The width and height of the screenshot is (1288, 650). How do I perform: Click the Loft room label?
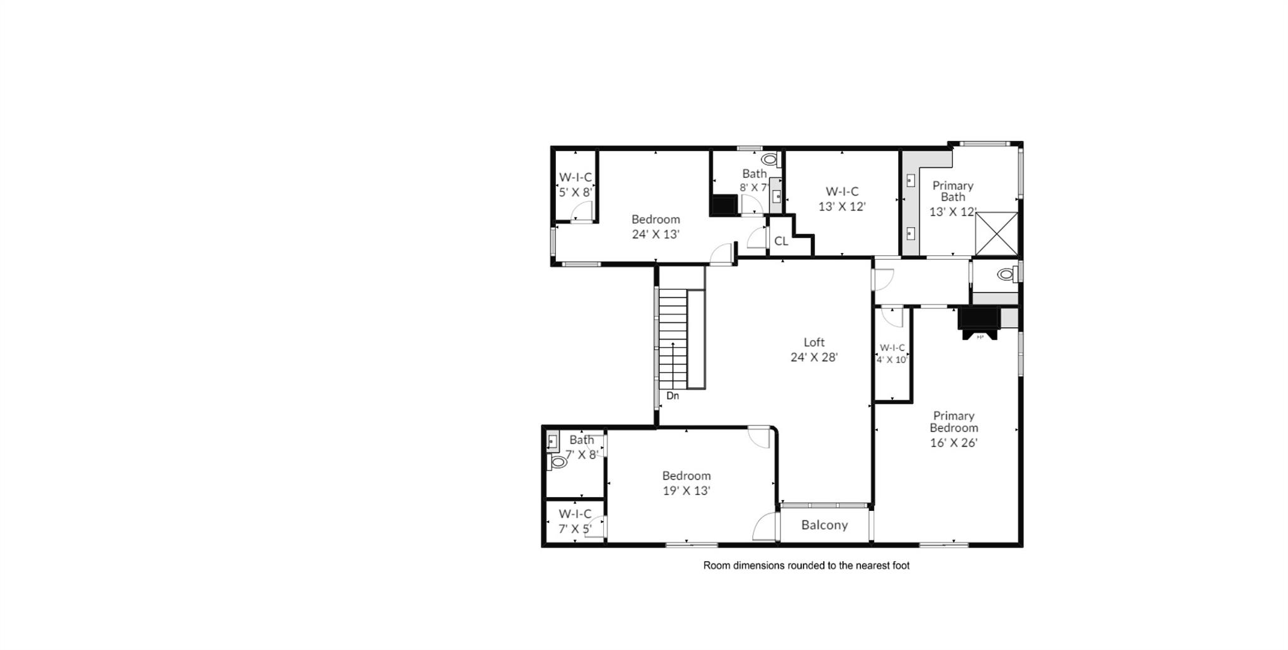tap(814, 342)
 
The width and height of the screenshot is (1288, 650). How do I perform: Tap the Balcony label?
tap(824, 525)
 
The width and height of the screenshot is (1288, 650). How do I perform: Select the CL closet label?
tap(781, 241)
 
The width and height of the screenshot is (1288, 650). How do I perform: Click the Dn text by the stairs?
tap(672, 396)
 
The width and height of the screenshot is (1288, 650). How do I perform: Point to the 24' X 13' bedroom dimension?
tap(655, 234)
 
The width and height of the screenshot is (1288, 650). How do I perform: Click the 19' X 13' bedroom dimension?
tap(686, 491)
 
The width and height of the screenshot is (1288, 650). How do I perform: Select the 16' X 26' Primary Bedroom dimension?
tap(953, 442)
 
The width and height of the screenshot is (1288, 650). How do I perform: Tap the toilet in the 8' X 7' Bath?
tap(769, 159)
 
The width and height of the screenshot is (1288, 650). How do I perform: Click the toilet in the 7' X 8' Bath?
tap(558, 462)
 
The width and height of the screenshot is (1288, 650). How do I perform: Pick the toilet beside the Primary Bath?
tap(1006, 274)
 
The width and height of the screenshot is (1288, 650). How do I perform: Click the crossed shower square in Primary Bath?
tap(996, 233)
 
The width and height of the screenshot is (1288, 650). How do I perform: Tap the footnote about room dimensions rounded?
tap(806, 566)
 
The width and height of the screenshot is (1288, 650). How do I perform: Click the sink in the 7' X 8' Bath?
tap(553, 440)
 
